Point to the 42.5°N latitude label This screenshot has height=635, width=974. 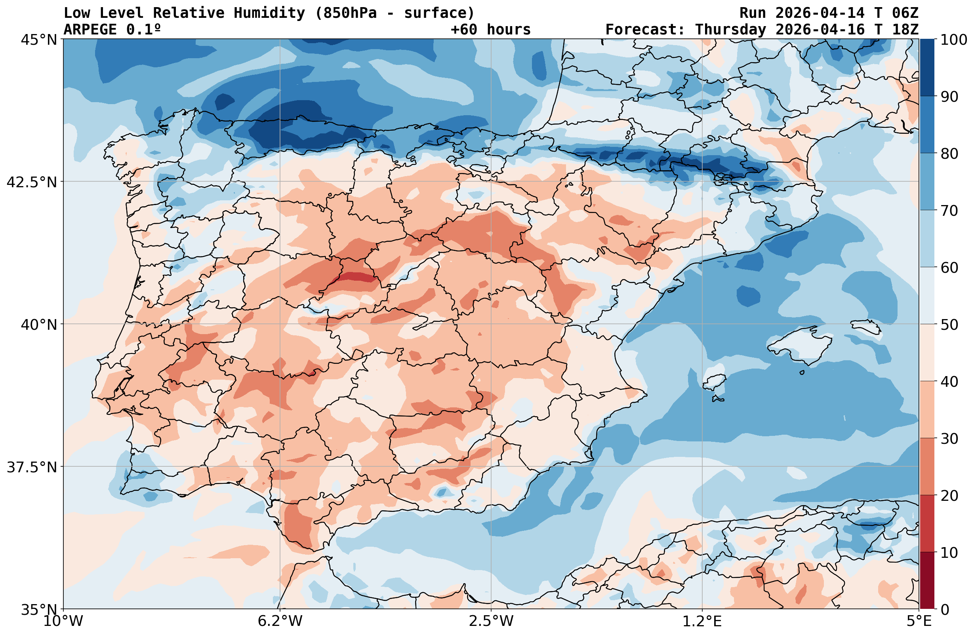(x=32, y=182)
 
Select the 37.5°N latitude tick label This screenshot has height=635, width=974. (x=32, y=467)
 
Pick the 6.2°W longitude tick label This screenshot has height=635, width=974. (x=280, y=621)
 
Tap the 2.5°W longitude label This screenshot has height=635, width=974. (x=491, y=621)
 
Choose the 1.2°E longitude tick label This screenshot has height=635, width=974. (x=702, y=621)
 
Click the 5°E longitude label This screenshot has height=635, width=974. (x=919, y=621)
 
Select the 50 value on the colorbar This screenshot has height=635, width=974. (x=949, y=325)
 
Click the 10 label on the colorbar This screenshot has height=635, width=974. (x=949, y=553)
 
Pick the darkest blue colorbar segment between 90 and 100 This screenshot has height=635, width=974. (x=927, y=68)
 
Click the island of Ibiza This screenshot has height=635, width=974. (x=714, y=382)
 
